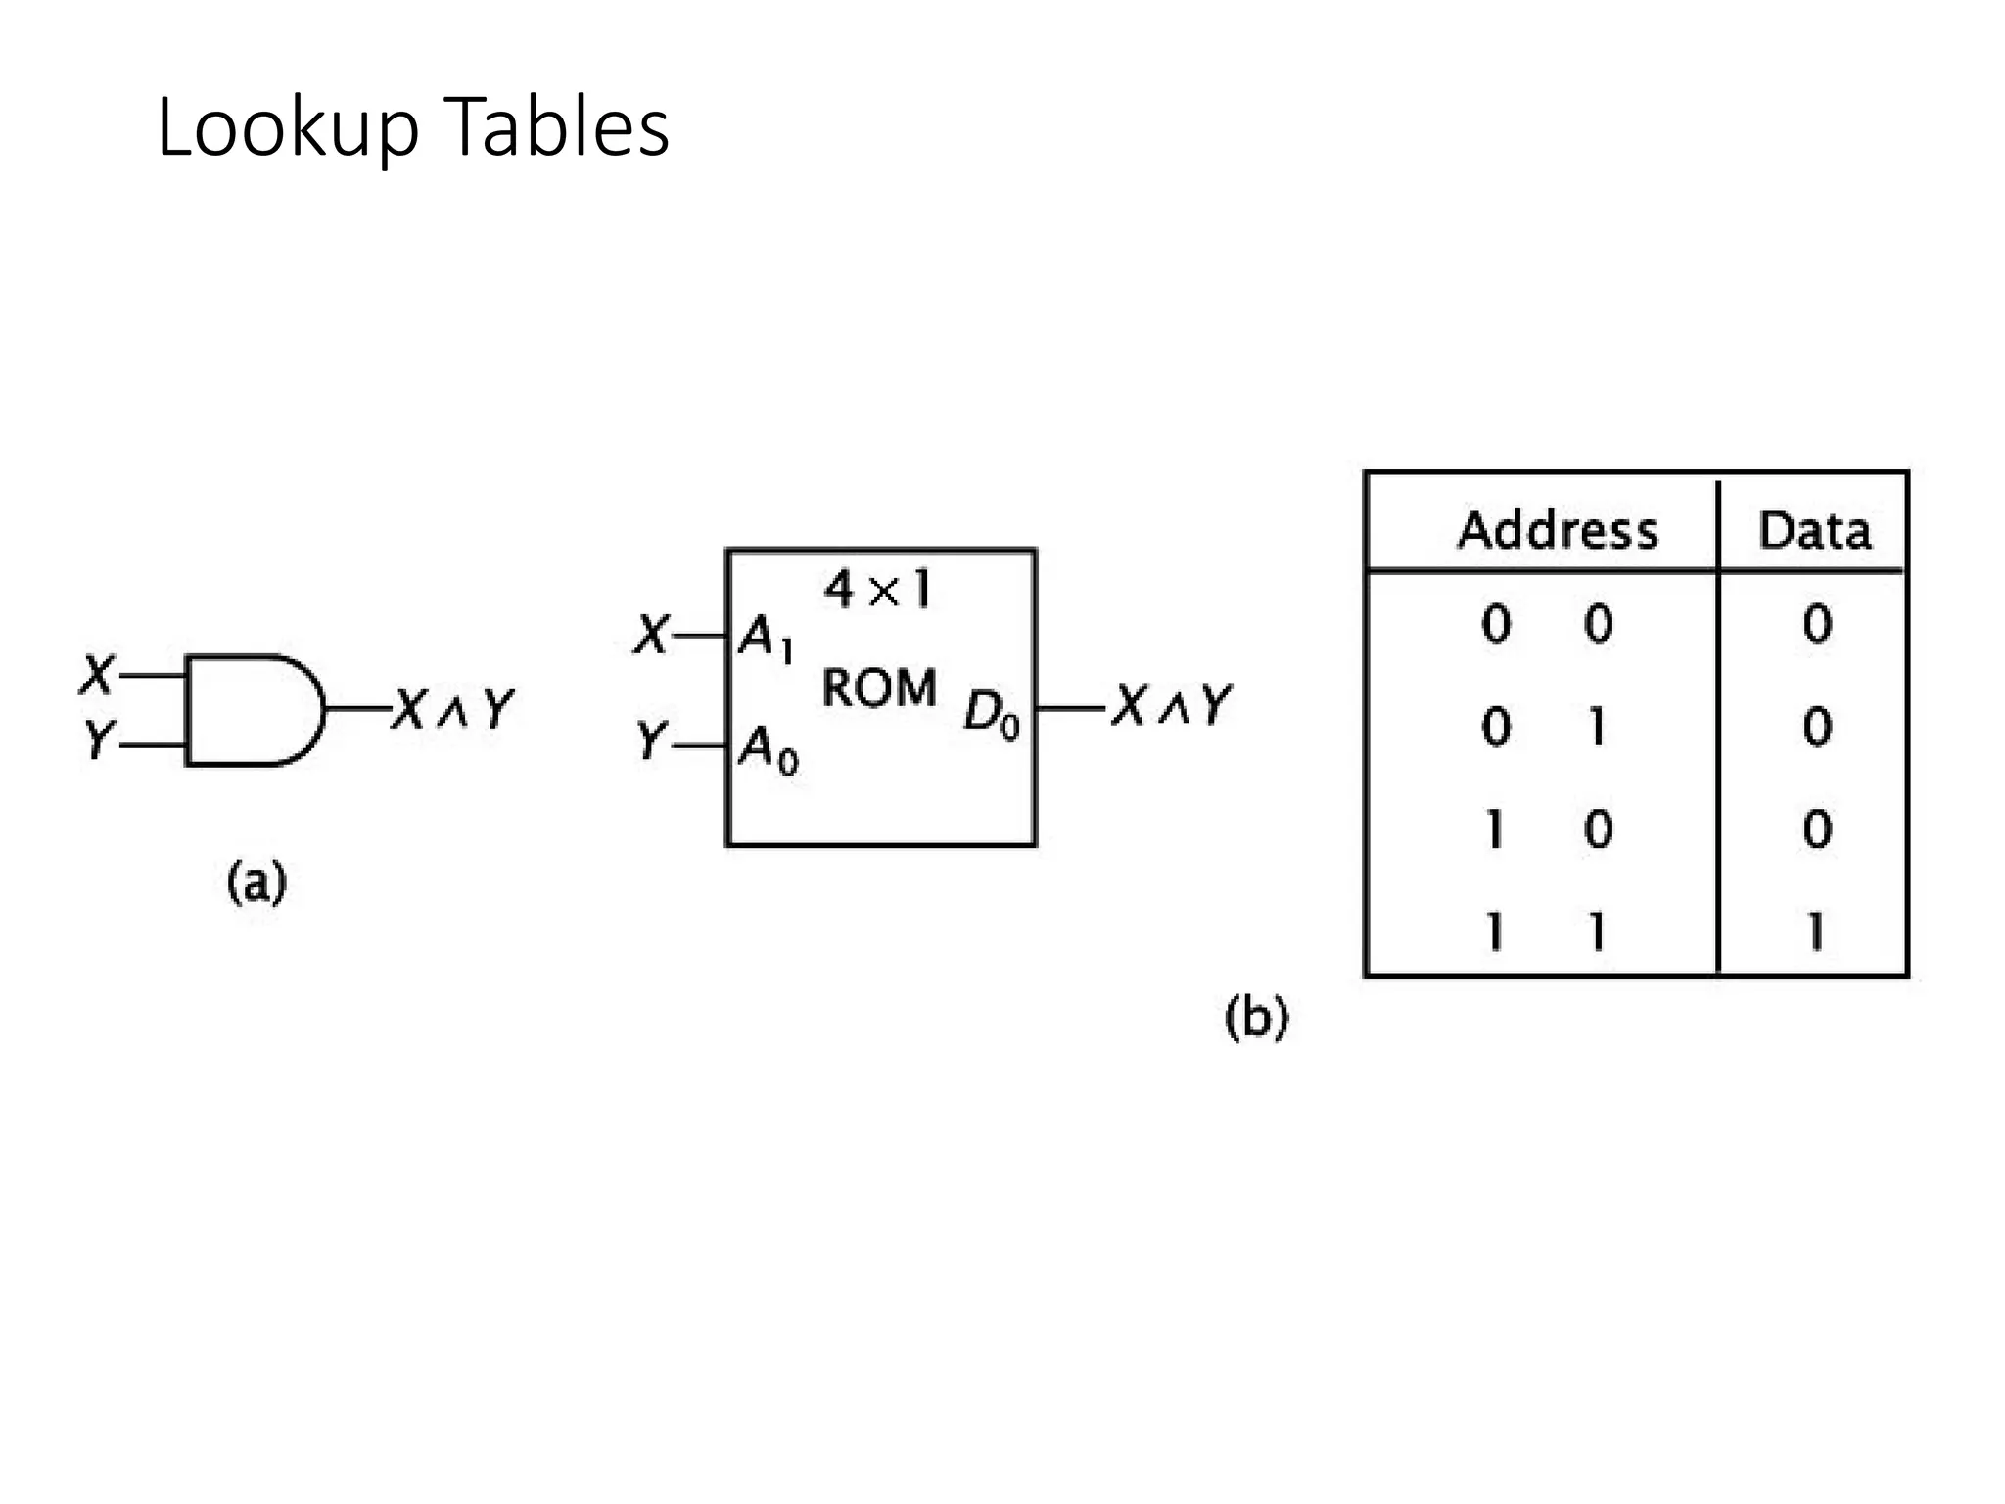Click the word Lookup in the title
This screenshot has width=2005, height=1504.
pyautogui.click(x=287, y=129)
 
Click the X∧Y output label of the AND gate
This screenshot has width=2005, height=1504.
pyautogui.click(x=452, y=708)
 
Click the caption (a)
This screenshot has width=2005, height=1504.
pyautogui.click(x=256, y=882)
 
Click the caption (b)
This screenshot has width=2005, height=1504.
pyautogui.click(x=1256, y=1016)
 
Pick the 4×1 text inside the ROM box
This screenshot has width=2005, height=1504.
pyautogui.click(x=878, y=589)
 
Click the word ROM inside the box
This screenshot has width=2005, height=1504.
pyautogui.click(x=878, y=687)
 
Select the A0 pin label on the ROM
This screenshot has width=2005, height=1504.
pyautogui.click(x=768, y=750)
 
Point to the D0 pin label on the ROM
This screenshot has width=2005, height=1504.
pyautogui.click(x=991, y=713)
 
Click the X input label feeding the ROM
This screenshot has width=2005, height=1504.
pyautogui.click(x=650, y=634)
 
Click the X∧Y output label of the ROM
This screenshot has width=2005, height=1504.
pyautogui.click(x=1172, y=705)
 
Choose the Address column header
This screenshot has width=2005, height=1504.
pyautogui.click(x=1557, y=531)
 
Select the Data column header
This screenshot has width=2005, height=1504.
pyautogui.click(x=1814, y=531)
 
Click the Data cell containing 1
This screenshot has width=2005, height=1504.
pyautogui.click(x=1816, y=930)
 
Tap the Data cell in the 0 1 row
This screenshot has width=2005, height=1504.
pyautogui.click(x=1816, y=727)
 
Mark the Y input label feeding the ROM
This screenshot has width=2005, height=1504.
pyautogui.click(x=650, y=741)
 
